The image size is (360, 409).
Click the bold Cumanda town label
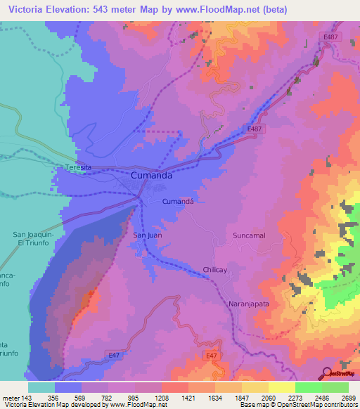click(x=152, y=176)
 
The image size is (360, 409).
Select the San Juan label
click(x=148, y=235)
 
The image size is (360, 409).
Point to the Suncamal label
click(x=250, y=236)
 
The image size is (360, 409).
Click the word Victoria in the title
click(x=25, y=9)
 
